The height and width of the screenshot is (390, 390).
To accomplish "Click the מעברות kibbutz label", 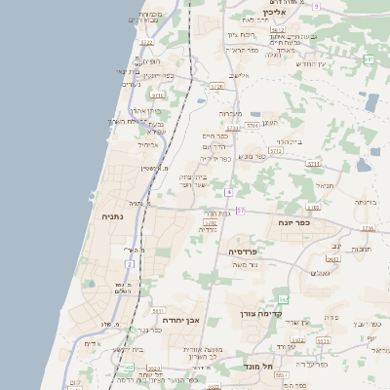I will tap(229, 114).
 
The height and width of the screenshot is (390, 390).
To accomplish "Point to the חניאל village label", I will tap(325, 183).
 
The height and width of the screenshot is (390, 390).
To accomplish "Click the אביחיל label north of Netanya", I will tap(148, 143).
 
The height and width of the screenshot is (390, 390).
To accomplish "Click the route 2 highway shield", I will tap(129, 263).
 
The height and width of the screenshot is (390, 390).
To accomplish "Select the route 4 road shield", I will tap(228, 192).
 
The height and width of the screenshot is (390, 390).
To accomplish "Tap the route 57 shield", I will tap(240, 211).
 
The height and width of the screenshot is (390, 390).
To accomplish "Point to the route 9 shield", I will tap(316, 7).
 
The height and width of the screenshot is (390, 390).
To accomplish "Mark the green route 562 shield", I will tap(284, 299).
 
